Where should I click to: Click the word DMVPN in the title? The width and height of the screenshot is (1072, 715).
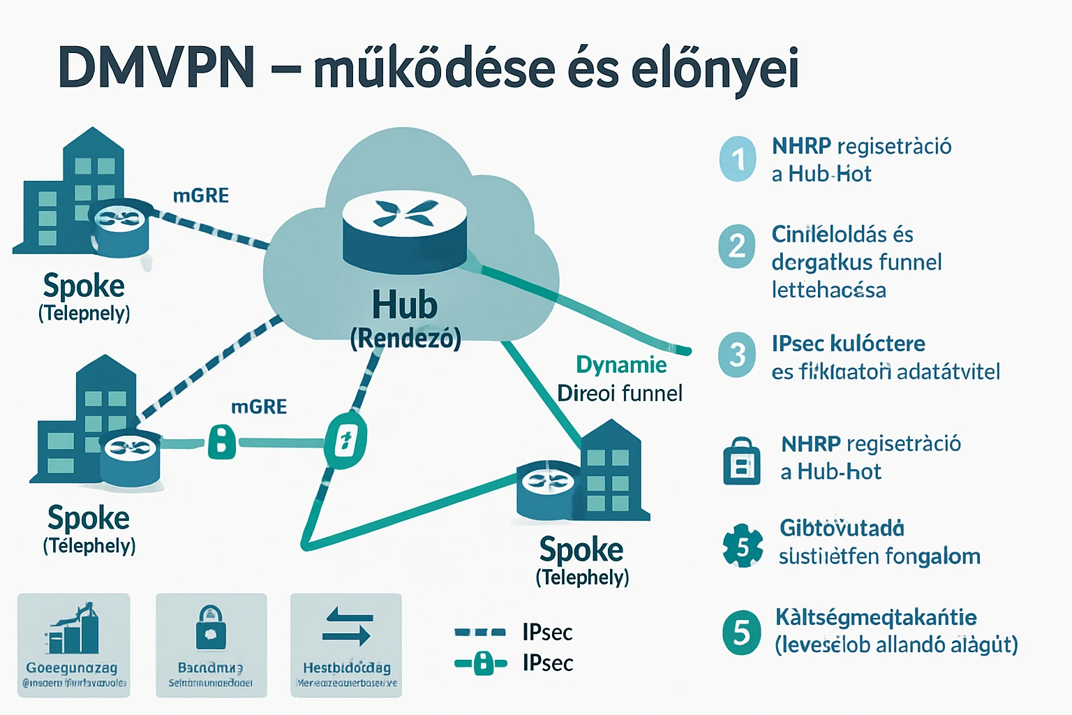(157, 68)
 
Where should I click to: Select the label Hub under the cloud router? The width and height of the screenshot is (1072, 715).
(405, 305)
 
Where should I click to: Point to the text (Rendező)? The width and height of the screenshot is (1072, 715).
(405, 339)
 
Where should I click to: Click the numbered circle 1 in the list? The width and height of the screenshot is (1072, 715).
(738, 159)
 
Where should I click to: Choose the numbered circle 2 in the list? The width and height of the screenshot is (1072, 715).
(737, 246)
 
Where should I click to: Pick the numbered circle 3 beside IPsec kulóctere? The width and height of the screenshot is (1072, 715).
(737, 355)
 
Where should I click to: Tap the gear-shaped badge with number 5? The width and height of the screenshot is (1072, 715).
(743, 546)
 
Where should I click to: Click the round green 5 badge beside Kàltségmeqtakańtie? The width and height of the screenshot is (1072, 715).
(742, 633)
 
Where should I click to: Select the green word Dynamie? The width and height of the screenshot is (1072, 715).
(621, 364)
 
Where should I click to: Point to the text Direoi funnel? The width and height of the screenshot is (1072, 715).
(620, 393)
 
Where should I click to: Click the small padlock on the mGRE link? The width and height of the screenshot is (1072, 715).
(222, 442)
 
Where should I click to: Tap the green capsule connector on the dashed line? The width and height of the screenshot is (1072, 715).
(345, 441)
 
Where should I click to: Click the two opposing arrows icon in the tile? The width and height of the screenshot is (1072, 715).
(347, 626)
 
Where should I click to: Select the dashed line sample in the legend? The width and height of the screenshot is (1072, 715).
(479, 633)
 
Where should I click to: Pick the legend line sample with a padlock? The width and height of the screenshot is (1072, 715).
(480, 663)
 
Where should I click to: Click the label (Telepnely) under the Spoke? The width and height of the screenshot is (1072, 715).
(84, 313)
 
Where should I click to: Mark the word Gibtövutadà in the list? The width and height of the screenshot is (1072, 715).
(842, 528)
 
